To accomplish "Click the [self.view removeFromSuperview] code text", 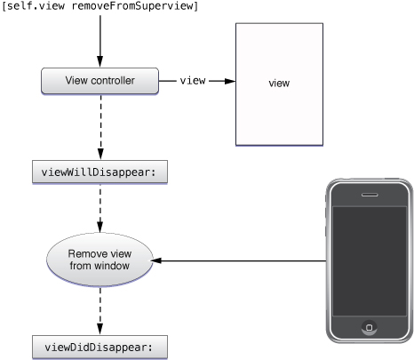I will coord(100,7).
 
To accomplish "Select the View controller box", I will coord(100,80).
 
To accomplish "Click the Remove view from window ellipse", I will coord(100,260).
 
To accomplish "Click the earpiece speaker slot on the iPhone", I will coord(368,195).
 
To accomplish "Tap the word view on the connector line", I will coord(193,80).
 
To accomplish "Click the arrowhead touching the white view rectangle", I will coord(229,80).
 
